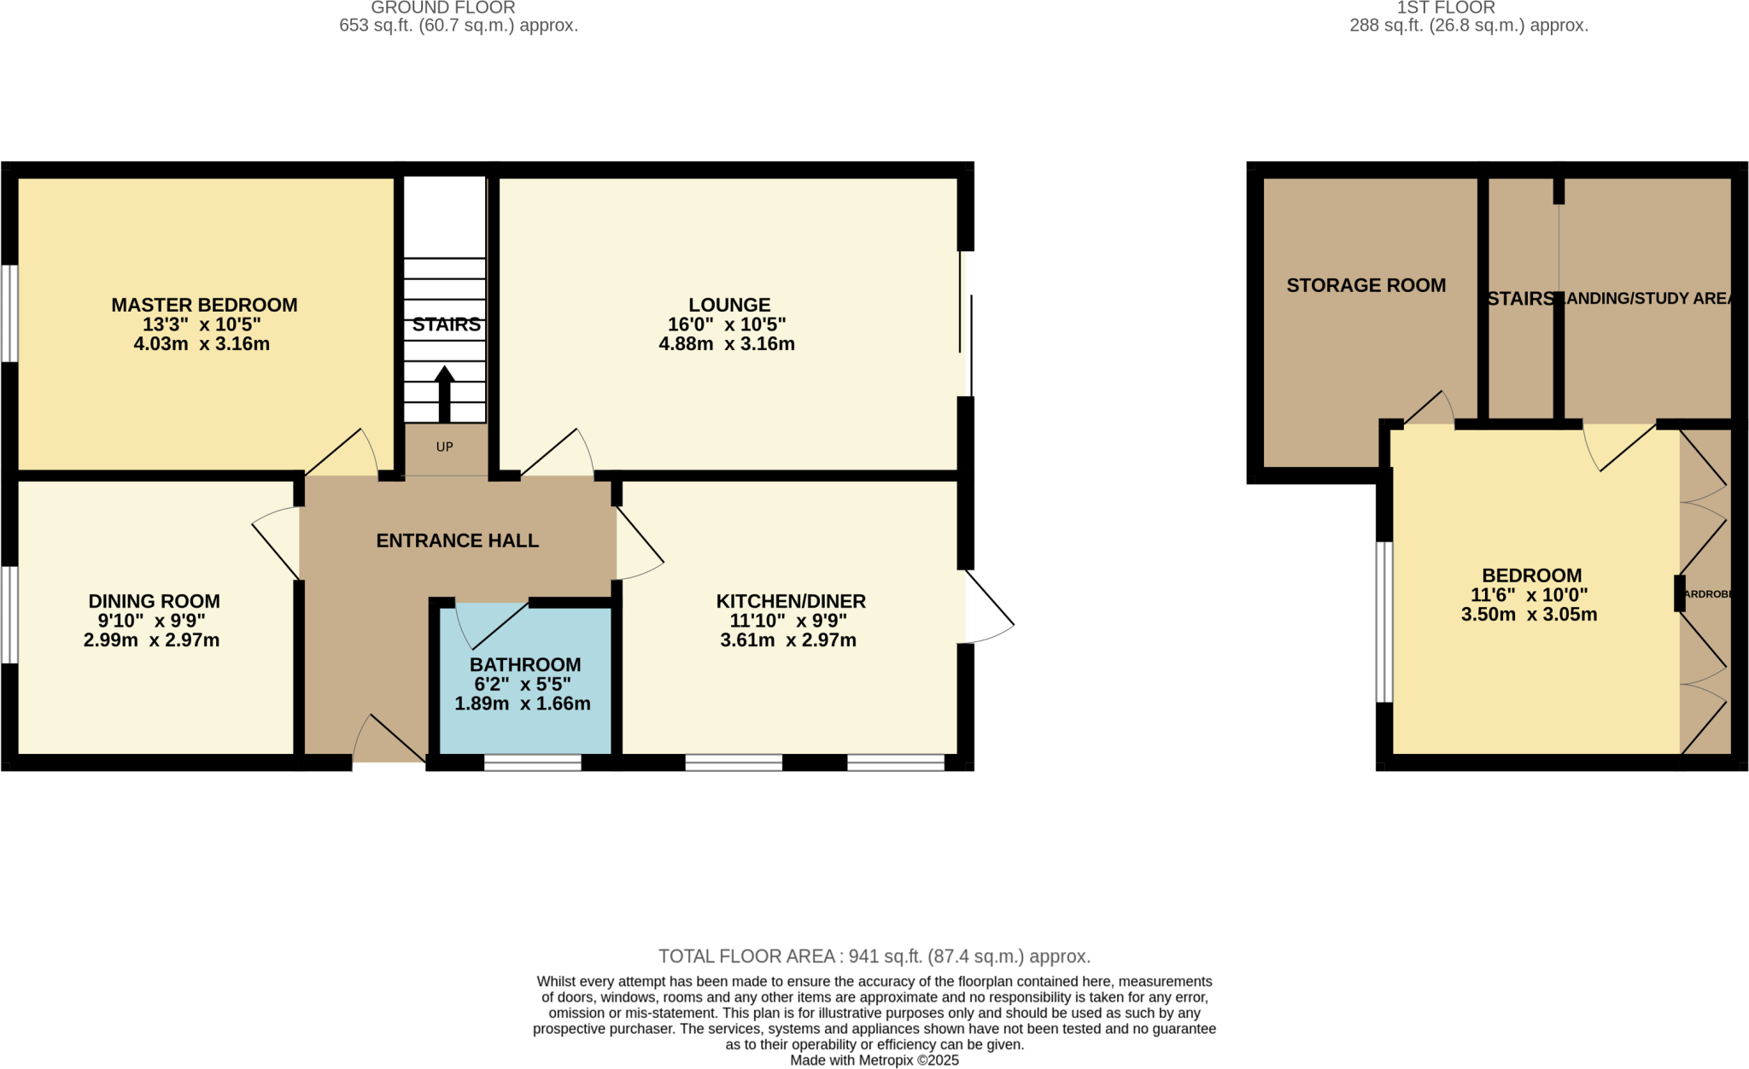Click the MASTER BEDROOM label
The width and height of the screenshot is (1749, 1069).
click(204, 305)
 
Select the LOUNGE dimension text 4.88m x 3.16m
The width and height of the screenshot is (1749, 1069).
click(727, 344)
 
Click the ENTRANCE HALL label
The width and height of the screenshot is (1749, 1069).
click(457, 540)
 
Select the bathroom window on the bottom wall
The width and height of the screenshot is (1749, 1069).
click(532, 762)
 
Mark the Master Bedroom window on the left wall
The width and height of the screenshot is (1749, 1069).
click(9, 313)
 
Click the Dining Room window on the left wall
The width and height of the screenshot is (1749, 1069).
click(9, 614)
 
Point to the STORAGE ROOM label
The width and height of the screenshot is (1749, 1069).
click(1366, 286)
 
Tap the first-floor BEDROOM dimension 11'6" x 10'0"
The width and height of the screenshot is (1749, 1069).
click(1529, 595)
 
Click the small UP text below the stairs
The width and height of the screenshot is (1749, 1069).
click(444, 447)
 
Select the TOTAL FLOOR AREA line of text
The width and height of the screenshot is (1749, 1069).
click(874, 956)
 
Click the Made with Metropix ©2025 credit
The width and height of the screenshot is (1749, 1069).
click(874, 1060)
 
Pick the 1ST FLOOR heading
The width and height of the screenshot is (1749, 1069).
click(1445, 9)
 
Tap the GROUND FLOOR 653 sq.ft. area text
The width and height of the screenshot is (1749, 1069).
click(459, 26)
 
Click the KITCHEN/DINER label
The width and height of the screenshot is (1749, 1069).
click(790, 601)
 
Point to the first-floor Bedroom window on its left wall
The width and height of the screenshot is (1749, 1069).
click(1383, 622)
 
